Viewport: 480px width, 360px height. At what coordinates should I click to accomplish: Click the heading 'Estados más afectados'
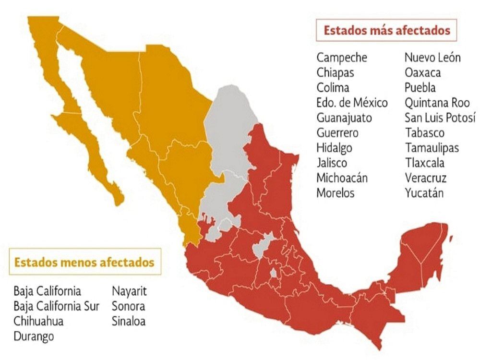[387, 31]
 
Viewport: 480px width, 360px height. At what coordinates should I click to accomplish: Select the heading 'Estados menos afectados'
[84, 262]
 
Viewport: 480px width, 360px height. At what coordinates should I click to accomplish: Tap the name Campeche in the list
[342, 58]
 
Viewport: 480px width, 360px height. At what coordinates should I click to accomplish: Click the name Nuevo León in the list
[432, 58]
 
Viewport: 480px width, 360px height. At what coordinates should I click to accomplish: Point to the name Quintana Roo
[437, 103]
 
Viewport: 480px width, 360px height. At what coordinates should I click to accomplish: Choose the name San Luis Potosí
[440, 118]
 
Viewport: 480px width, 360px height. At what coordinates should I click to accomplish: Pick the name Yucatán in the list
[424, 193]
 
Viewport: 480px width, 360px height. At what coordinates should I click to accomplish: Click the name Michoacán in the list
[342, 178]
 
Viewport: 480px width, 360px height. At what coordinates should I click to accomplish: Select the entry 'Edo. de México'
[352, 103]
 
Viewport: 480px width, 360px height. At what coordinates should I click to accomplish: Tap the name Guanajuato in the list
[344, 118]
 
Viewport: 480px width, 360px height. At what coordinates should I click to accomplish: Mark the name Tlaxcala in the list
[424, 163]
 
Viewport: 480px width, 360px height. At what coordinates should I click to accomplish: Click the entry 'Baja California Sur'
[57, 306]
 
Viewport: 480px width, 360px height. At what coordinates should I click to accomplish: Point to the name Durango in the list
[34, 336]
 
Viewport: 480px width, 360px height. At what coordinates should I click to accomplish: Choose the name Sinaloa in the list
[128, 321]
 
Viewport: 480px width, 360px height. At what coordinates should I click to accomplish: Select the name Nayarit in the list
[129, 291]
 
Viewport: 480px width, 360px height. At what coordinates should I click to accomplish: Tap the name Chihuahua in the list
[38, 321]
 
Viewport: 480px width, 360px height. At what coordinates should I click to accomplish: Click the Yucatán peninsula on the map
[422, 250]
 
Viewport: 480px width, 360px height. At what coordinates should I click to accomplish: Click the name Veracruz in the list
[425, 178]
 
